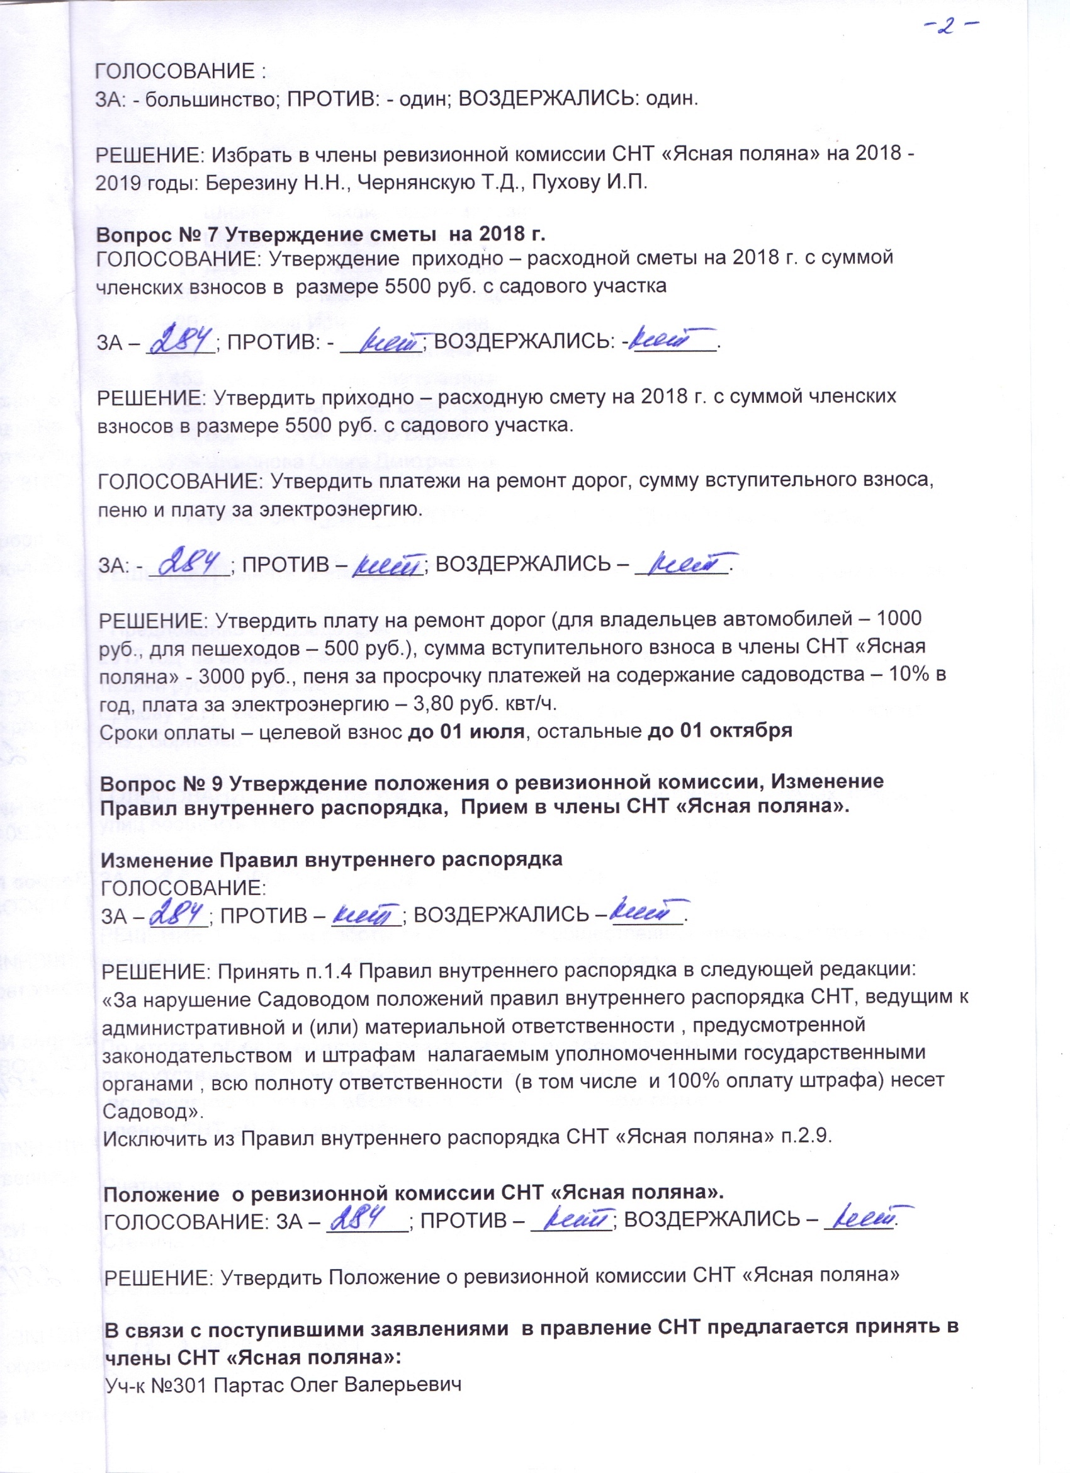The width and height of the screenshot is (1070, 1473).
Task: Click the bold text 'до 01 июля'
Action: point(466,731)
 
